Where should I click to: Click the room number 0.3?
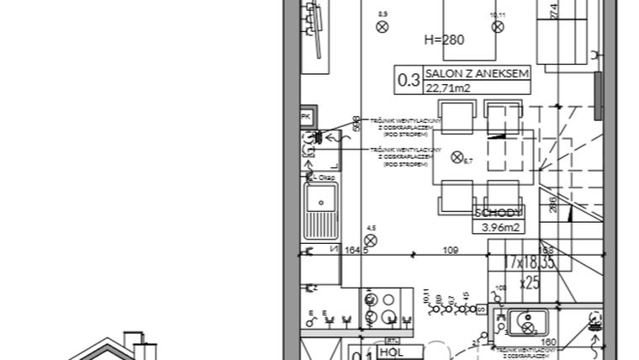pyautogui.click(x=409, y=81)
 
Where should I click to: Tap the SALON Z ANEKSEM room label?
pyautogui.click(x=477, y=74)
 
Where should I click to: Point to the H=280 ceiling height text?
pyautogui.click(x=445, y=40)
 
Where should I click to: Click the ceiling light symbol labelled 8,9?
pyautogui.click(x=383, y=26)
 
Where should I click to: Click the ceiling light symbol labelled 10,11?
pyautogui.click(x=498, y=26)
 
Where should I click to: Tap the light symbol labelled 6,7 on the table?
pyautogui.click(x=457, y=156)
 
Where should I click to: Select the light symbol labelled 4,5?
pyautogui.click(x=371, y=239)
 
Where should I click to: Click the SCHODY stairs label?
pyautogui.click(x=499, y=212)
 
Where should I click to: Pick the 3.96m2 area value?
pyautogui.click(x=499, y=226)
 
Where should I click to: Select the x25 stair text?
pyautogui.click(x=529, y=282)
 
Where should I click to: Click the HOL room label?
pyautogui.click(x=391, y=352)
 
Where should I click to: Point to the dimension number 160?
pyautogui.click(x=547, y=342)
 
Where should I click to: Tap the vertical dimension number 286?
pyautogui.click(x=552, y=204)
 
